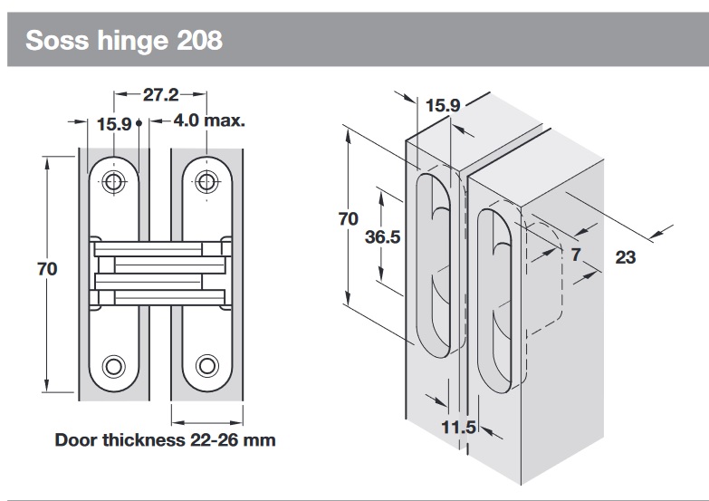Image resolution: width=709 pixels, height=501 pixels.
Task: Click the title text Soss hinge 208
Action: tap(124, 41)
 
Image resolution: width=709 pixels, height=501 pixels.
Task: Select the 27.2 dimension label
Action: tap(160, 93)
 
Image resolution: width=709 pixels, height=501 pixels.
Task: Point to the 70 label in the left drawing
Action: tap(48, 269)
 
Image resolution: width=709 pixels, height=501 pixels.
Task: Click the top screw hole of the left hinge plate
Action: tap(113, 181)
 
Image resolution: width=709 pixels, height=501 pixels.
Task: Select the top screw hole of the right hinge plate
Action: tap(208, 181)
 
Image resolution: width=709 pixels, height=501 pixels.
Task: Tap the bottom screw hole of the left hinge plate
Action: tap(113, 366)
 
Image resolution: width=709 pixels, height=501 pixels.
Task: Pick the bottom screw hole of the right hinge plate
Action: tap(208, 366)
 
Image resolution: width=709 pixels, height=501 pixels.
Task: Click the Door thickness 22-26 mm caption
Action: tap(165, 440)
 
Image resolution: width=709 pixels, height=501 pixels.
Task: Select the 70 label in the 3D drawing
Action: tap(348, 219)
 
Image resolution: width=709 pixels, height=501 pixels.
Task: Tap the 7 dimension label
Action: tap(575, 254)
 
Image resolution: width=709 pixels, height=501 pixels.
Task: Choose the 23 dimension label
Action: tap(625, 257)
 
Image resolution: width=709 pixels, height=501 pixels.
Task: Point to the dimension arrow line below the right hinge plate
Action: tap(207, 420)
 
